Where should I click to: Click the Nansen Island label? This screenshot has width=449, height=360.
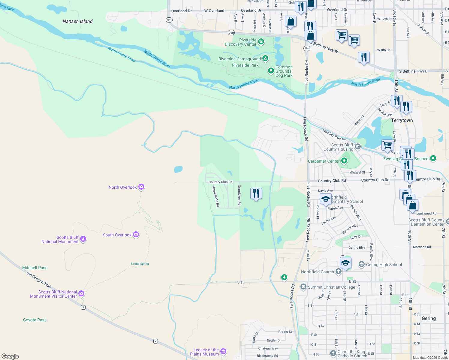coord(77,21)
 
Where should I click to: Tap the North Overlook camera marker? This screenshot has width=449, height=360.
coord(141,187)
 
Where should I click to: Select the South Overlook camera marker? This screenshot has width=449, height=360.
coord(136,235)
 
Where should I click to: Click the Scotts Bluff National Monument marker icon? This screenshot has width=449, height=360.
coord(83,239)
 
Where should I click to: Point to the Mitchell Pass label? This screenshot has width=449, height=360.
coord(35,268)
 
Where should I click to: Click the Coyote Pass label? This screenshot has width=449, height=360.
coord(35,320)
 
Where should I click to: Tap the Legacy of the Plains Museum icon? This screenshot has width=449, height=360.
coord(223,352)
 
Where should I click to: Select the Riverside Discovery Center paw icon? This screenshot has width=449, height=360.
coord(261,42)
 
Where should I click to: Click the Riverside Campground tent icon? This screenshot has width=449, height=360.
coord(265,58)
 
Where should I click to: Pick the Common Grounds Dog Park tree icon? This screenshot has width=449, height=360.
coord(271,71)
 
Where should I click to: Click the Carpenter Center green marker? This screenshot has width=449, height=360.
coord(344,161)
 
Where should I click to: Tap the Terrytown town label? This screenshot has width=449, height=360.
coord(402,120)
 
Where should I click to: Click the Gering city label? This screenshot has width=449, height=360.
coord(429,318)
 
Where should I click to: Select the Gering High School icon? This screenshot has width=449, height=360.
coord(362,264)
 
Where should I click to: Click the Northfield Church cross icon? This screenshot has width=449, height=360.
coord(339,271)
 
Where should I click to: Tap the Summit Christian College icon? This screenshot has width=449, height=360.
coord(303,287)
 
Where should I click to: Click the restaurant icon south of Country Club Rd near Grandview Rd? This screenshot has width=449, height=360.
coord(256,193)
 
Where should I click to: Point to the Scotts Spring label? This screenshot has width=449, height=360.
coord(140,264)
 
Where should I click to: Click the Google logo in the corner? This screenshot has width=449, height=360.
coord(10,356)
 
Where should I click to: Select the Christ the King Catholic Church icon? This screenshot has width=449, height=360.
coord(333,353)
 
